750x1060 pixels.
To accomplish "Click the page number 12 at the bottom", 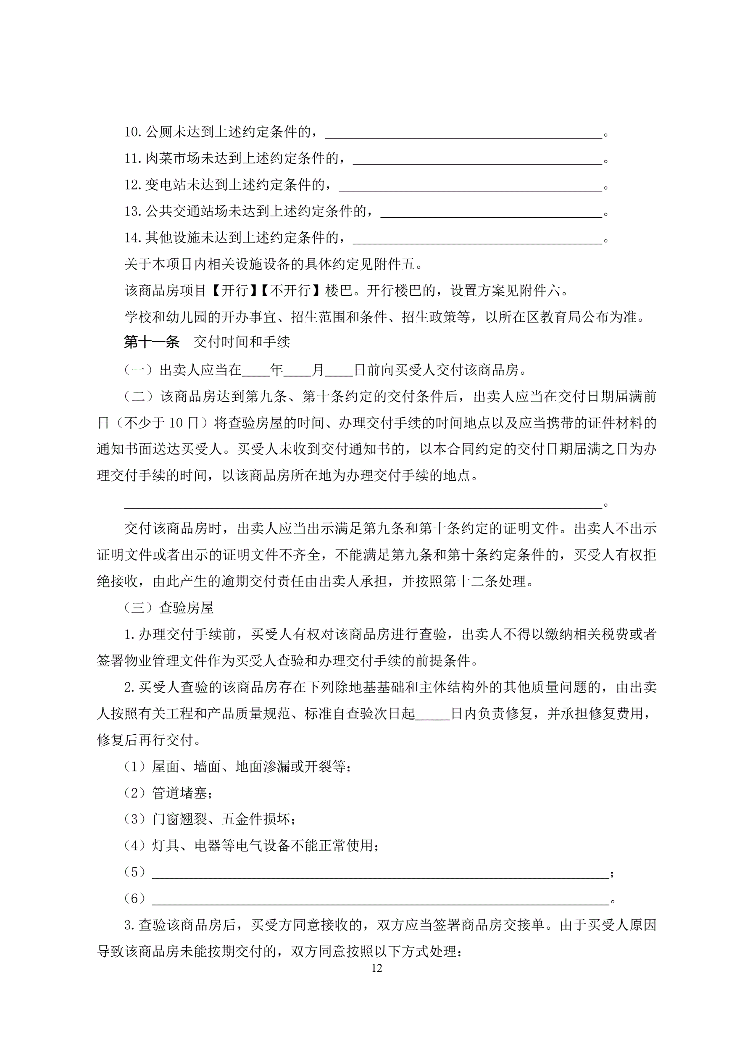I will tap(376, 968).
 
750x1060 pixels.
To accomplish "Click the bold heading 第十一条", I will tap(152, 342).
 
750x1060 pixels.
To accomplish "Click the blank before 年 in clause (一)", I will tap(255, 370).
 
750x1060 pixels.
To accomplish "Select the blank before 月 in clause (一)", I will tap(297, 370).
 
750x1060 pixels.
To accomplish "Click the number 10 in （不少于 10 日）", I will tap(176, 423).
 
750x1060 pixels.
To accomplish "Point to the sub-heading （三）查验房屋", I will tap(168, 608).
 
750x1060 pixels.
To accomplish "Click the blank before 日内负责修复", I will tap(432, 714).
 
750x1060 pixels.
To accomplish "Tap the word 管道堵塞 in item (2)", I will tap(180, 793).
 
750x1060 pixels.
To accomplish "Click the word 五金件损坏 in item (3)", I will tap(256, 819).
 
